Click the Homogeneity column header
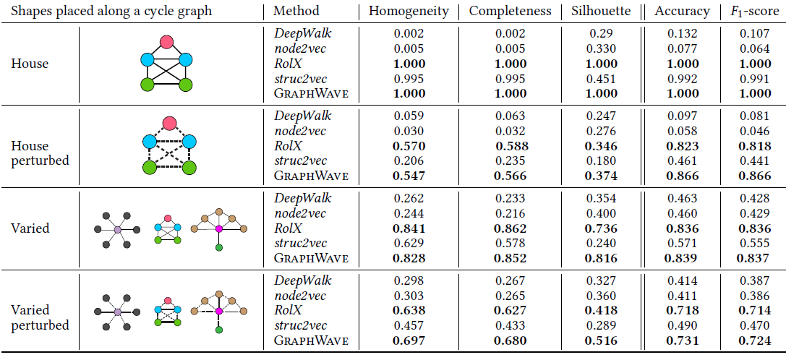point(409,12)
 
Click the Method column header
point(296,12)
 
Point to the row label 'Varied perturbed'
point(40,317)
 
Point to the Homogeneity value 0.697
point(409,340)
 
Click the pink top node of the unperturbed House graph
point(167,42)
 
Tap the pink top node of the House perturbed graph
point(170,123)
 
